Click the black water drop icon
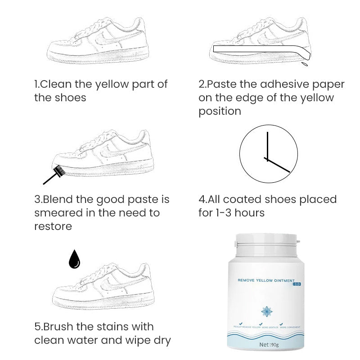74,260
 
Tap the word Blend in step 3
58,199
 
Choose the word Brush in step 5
58,327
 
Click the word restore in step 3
53,226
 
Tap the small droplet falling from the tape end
305,64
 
